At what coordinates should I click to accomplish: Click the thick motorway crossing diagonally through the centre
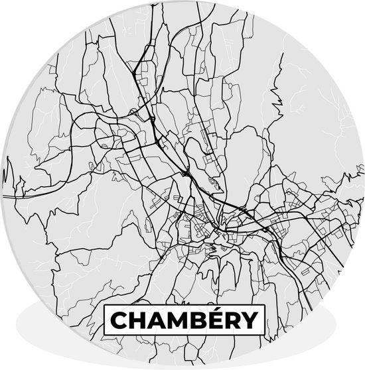tap(199, 186)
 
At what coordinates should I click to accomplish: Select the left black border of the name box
tap(104, 321)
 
